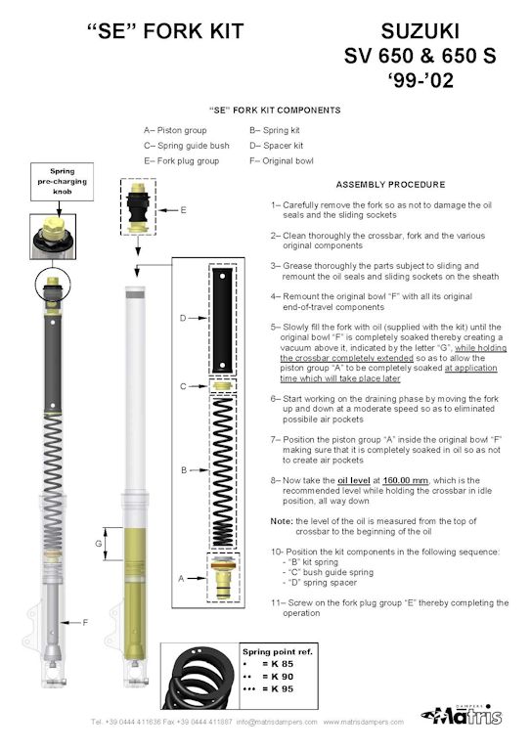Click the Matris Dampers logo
click(x=462, y=715)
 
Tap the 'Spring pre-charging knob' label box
click(x=63, y=182)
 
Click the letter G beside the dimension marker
click(x=99, y=544)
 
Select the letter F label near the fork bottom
click(x=85, y=622)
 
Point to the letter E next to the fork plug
click(x=183, y=210)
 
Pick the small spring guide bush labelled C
click(x=222, y=386)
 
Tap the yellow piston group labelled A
click(x=223, y=577)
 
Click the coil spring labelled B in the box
click(x=223, y=471)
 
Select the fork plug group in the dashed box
click(x=138, y=206)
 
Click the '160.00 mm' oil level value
click(x=405, y=480)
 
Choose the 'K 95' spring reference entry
click(x=282, y=688)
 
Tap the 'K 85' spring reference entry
click(x=282, y=664)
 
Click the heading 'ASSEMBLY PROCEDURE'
click(x=390, y=185)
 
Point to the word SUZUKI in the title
click(x=420, y=31)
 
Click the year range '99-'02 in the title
click(x=420, y=79)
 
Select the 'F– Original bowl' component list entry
click(x=281, y=161)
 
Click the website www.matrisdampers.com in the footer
click(x=364, y=722)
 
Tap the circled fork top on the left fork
click(x=53, y=286)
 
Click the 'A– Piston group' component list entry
click(x=175, y=130)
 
